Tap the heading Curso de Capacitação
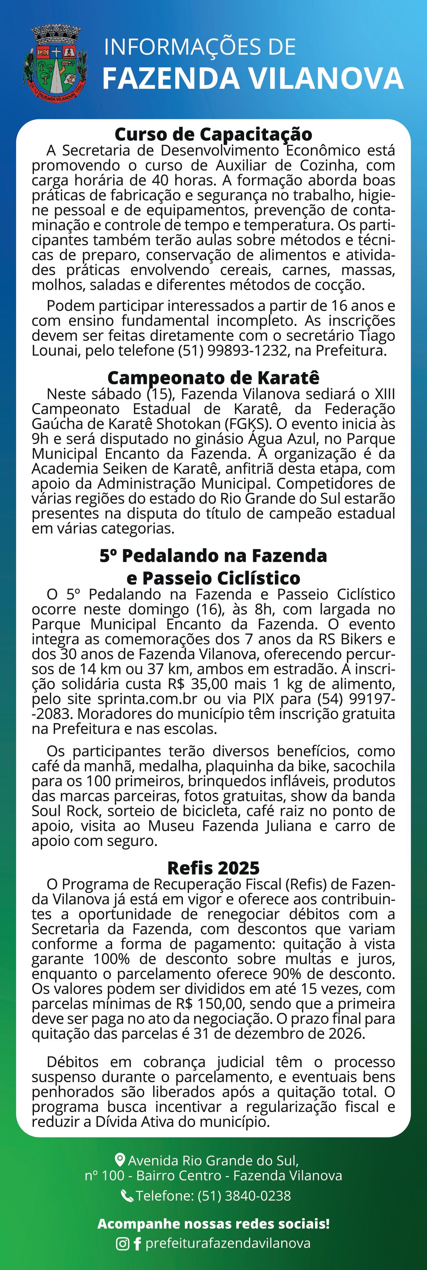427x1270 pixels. click(213, 134)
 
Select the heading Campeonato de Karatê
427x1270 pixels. click(213, 378)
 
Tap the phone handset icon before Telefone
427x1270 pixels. click(127, 1195)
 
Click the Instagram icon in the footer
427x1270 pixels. click(122, 1244)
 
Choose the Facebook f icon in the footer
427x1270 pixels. click(137, 1244)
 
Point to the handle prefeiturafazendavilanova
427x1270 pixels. click(228, 1243)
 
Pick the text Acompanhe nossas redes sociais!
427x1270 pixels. click(213, 1224)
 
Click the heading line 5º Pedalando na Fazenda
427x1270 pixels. click(213, 556)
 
